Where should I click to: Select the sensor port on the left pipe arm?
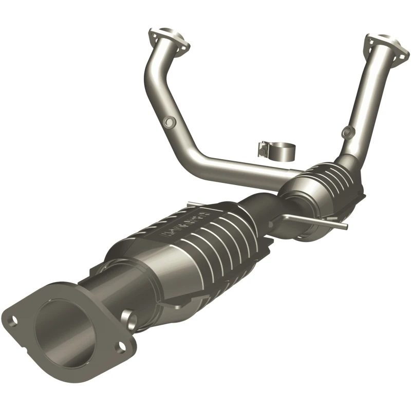(x=167, y=121)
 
